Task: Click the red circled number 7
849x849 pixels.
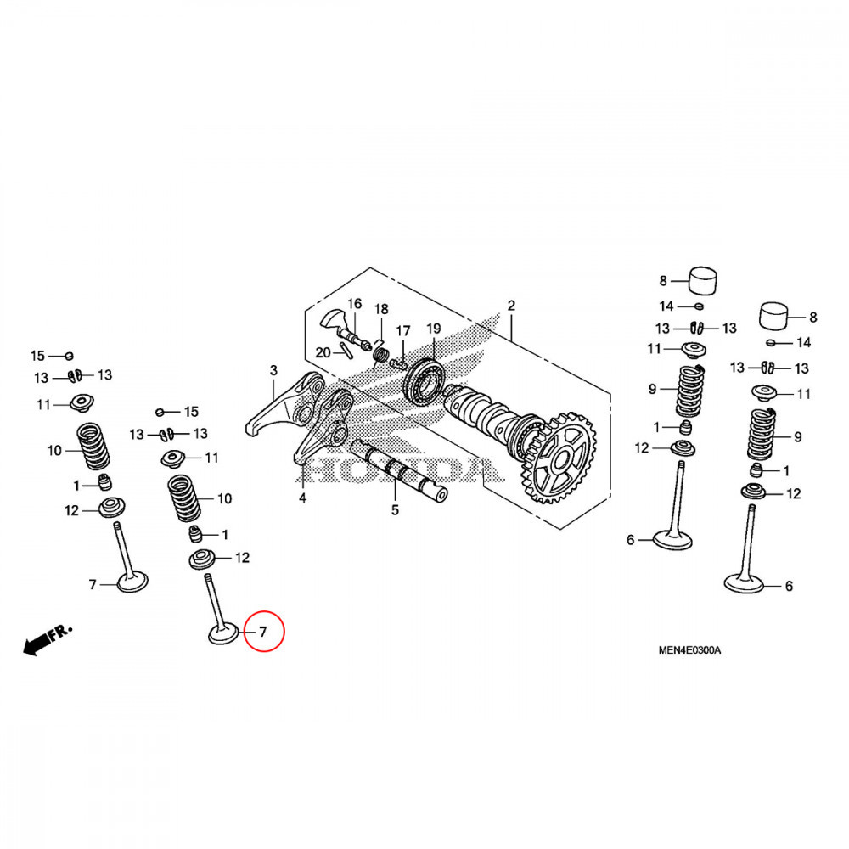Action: coord(263,632)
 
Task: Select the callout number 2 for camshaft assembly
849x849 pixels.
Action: coord(511,306)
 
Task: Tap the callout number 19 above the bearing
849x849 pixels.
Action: coord(433,329)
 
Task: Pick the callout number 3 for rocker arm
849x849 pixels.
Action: coord(273,370)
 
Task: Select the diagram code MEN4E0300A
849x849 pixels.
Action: coord(689,650)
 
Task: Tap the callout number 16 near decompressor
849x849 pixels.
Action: coord(354,304)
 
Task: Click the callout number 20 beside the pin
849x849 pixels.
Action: coord(323,353)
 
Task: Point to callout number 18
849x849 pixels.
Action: coord(381,309)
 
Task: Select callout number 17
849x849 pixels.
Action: coord(403,330)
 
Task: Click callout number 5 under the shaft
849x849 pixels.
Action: coord(395,510)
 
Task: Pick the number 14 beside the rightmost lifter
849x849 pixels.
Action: coord(803,342)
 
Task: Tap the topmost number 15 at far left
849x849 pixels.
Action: coord(37,355)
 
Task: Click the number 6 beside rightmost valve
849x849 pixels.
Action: coord(788,586)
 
